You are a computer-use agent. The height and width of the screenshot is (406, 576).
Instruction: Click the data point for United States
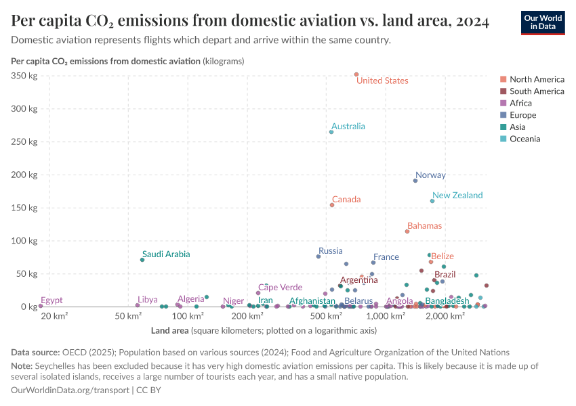[x=356, y=74]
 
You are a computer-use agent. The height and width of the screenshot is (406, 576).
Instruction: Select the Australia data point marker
[x=331, y=132]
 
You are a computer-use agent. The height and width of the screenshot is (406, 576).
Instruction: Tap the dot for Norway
[x=415, y=181]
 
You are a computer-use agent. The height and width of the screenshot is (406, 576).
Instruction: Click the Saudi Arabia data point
[x=142, y=260]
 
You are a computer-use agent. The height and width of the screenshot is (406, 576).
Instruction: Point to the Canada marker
[x=332, y=205]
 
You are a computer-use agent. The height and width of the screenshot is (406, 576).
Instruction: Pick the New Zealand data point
[x=432, y=201]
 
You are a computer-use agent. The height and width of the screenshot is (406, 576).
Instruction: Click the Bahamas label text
[x=424, y=226]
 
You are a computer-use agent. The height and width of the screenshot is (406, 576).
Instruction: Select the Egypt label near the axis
[x=52, y=300]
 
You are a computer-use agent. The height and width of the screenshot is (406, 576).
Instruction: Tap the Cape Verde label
[x=280, y=288]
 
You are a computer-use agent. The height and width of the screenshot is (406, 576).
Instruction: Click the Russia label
[x=331, y=251]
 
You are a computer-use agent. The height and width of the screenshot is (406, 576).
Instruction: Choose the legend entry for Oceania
[x=526, y=139]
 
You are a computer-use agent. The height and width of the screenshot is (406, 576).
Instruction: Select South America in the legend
[x=537, y=91]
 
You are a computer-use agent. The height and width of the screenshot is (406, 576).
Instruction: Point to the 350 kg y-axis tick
[x=24, y=76]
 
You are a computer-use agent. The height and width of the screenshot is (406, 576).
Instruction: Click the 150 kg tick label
[x=24, y=208]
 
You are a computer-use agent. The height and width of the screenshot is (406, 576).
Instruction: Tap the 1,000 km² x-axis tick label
[x=386, y=316]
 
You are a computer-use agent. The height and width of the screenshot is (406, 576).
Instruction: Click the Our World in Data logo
[x=543, y=22]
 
